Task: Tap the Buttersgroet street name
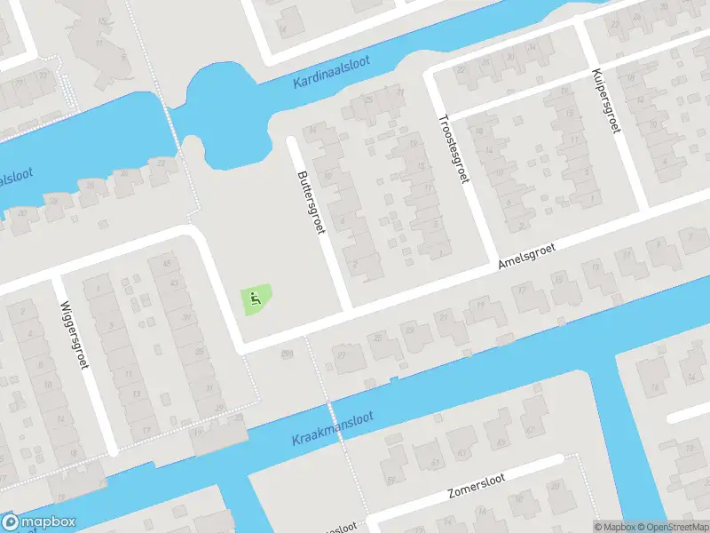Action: point(311,202)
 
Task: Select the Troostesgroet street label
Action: point(453,148)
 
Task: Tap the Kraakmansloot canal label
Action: point(333,429)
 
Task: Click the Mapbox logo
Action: point(39,522)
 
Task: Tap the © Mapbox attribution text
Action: point(614,526)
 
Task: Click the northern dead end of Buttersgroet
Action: point(293,140)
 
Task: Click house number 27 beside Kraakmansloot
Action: point(343,355)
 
